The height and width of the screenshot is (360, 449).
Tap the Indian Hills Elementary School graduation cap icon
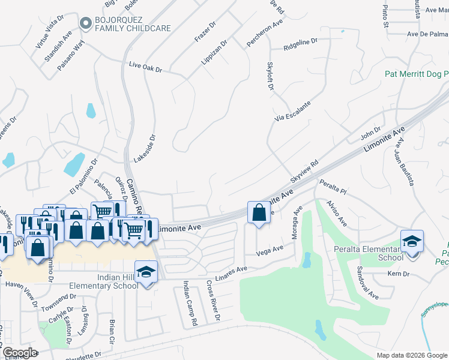tap(146, 271)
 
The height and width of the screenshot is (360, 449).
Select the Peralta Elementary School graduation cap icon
tap(412, 241)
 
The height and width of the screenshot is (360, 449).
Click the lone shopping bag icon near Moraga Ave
tap(259, 212)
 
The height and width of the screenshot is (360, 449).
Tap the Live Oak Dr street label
tap(146, 66)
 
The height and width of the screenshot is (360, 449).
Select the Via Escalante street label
tap(293, 112)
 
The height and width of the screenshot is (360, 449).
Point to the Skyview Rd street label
tap(304, 172)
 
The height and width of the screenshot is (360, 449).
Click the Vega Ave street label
tap(270, 250)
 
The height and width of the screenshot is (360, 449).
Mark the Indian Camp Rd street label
tap(190, 303)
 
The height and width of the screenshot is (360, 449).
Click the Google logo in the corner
tap(20, 352)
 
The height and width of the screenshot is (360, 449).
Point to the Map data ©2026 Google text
tap(411, 355)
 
